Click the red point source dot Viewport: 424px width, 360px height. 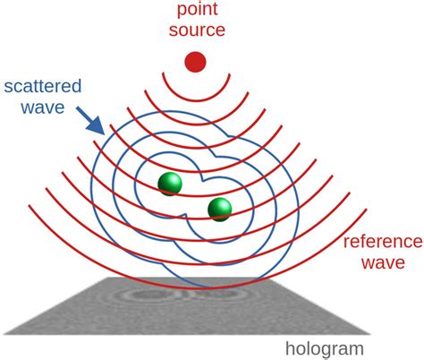point(195,62)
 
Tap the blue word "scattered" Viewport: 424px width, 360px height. point(42,88)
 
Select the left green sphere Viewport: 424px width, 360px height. point(169,184)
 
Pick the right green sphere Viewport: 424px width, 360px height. point(219,210)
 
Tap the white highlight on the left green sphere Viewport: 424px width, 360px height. point(165,180)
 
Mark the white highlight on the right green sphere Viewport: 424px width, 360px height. point(216,205)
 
